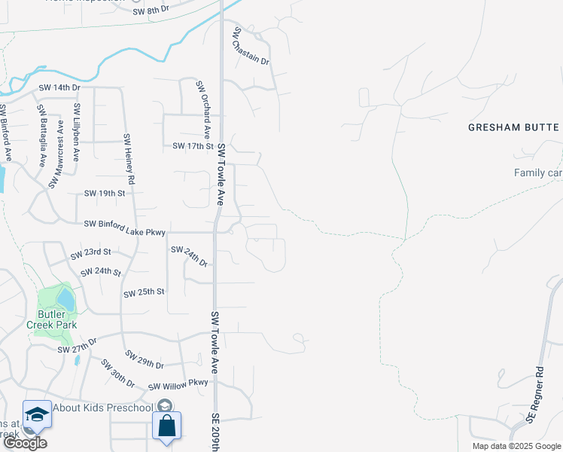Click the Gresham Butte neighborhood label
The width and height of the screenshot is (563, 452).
click(514, 127)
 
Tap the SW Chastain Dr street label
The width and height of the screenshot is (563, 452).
click(251, 47)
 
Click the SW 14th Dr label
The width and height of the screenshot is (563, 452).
click(58, 88)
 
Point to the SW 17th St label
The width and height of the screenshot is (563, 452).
click(193, 145)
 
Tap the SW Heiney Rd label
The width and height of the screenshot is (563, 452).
click(128, 159)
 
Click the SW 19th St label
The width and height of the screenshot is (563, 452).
click(104, 194)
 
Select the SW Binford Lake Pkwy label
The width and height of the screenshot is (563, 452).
click(124, 224)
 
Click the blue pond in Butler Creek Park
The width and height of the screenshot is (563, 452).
click(66, 300)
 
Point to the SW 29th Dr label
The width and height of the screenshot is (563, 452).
click(145, 359)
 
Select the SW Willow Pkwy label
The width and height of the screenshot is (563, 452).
click(178, 384)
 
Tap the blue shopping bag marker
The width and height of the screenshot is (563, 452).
click(166, 426)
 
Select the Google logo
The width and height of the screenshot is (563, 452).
click(24, 444)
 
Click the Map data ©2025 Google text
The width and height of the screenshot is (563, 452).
click(516, 446)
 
